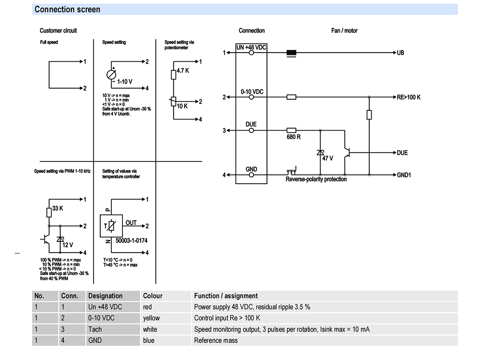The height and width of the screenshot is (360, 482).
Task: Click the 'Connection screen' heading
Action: click(x=67, y=10)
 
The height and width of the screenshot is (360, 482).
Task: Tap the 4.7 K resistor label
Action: click(x=183, y=71)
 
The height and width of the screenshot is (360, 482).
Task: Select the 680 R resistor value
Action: click(x=294, y=137)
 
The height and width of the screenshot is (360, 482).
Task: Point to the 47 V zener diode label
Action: click(x=328, y=159)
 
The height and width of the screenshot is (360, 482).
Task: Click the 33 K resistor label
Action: click(x=57, y=209)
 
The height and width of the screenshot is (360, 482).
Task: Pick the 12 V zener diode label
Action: click(x=67, y=245)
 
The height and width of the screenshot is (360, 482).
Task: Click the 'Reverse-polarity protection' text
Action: click(x=316, y=179)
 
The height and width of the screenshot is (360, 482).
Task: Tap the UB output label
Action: click(x=401, y=53)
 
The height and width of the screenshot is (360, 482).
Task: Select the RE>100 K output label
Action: click(x=409, y=97)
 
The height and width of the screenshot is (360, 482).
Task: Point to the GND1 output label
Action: click(x=404, y=175)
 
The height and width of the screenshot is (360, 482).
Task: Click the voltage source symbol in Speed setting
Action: click(x=111, y=75)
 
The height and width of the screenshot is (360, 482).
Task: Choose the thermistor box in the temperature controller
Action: click(x=111, y=226)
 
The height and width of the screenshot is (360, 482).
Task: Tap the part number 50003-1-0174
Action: click(x=131, y=240)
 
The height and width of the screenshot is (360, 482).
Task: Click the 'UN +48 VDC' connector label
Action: click(x=251, y=47)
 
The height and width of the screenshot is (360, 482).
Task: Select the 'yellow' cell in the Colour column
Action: click(x=151, y=318)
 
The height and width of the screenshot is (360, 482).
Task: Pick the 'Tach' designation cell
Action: click(x=95, y=330)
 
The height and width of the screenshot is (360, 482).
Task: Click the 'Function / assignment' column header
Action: click(x=226, y=296)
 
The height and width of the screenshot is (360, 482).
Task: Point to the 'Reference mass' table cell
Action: click(x=216, y=341)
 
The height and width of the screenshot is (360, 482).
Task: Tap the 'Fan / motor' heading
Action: click(x=344, y=31)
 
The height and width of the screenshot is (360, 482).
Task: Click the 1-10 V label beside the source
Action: click(x=124, y=82)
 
